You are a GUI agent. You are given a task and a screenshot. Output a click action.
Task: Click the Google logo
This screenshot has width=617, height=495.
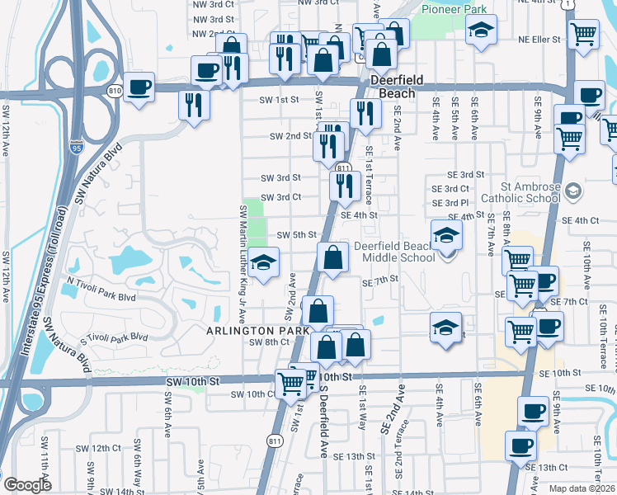click(28, 485)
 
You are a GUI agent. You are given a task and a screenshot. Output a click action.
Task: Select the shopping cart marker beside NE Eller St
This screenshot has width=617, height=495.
click(584, 34)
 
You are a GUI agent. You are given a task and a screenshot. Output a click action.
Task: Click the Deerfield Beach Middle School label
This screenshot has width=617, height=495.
click(394, 252)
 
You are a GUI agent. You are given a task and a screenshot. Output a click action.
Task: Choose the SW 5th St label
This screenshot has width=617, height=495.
click(296, 235)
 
